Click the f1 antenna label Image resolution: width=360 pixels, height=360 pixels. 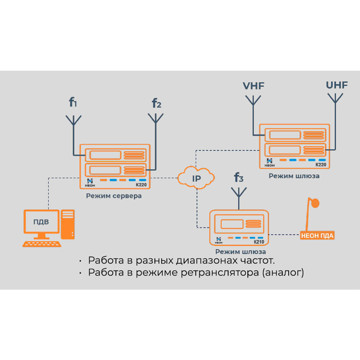click(73, 102)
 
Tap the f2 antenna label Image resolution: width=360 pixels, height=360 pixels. click(156, 103)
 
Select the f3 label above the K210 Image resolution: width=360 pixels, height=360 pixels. click(239, 177)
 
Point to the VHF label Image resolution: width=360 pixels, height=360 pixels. click(253, 86)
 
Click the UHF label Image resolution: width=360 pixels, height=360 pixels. click(337, 85)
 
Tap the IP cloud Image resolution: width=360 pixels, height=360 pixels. click(196, 178)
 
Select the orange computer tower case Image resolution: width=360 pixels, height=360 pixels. click(68, 224)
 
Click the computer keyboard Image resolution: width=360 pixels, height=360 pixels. click(42, 244)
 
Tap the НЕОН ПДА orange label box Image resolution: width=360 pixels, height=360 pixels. click(317, 236)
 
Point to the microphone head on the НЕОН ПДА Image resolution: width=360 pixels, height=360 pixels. click(315, 203)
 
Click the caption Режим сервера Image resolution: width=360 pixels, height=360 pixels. click(114, 196)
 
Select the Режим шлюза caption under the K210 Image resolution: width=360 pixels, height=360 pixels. click(240, 252)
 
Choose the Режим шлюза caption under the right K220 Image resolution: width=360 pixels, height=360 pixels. click(294, 176)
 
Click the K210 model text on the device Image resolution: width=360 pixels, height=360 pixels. click(259, 242)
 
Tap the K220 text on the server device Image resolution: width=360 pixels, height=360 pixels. click(141, 185)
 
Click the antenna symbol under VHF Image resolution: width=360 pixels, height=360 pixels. click(253, 101)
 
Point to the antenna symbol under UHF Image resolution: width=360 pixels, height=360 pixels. click(335, 98)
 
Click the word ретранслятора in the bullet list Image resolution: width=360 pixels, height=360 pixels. click(220, 273)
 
